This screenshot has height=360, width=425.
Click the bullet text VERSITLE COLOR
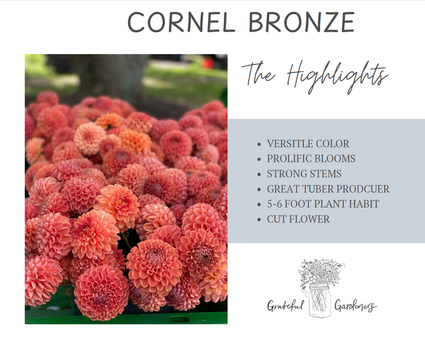tap(308, 144)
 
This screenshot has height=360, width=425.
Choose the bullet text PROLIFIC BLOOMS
tap(311, 159)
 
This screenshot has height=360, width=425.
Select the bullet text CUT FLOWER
tap(298, 219)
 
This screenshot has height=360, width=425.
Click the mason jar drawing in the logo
tap(320, 301)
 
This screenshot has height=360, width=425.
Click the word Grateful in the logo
tap(286, 306)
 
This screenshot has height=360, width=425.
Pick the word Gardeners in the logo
tap(355, 306)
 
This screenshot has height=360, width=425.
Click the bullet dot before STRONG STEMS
tap(260, 174)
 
